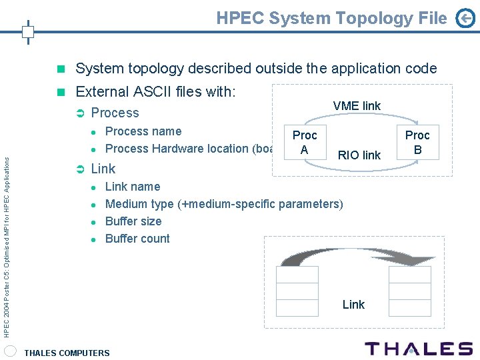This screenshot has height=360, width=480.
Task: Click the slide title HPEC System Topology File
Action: point(331,18)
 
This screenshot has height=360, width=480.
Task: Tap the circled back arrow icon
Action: point(465,19)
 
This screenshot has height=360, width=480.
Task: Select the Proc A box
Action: point(304,142)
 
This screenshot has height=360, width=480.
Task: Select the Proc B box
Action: point(417,142)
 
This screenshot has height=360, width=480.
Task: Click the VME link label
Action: point(357,106)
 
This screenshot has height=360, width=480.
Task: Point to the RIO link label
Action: point(359,155)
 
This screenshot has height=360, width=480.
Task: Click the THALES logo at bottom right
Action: point(419,349)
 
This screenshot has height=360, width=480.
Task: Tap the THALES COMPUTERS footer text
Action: point(67,353)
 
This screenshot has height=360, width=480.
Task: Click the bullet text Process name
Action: point(143,131)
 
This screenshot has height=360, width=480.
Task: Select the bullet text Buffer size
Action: point(133,221)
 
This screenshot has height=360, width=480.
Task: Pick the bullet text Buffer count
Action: point(137,239)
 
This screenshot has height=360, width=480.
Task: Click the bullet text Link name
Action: point(133,187)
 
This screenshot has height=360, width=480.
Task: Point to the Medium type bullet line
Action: point(224,204)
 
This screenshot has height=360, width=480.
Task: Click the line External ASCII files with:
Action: point(155,92)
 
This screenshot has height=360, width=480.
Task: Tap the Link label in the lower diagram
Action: point(353,305)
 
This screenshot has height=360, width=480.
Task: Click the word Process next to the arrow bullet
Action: point(115,113)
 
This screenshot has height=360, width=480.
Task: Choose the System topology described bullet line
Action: point(256,69)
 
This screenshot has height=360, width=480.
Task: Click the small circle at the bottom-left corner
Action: point(10,351)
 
